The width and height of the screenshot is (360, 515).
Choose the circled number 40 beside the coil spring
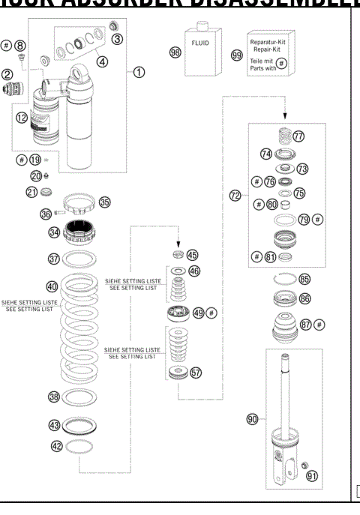pos(52,286)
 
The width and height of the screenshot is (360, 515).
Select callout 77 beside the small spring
pos(298,136)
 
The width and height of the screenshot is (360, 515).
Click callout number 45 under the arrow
pos(193,254)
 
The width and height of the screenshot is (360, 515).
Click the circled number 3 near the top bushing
pos(116,38)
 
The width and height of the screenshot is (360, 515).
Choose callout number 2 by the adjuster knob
pos(10,74)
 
